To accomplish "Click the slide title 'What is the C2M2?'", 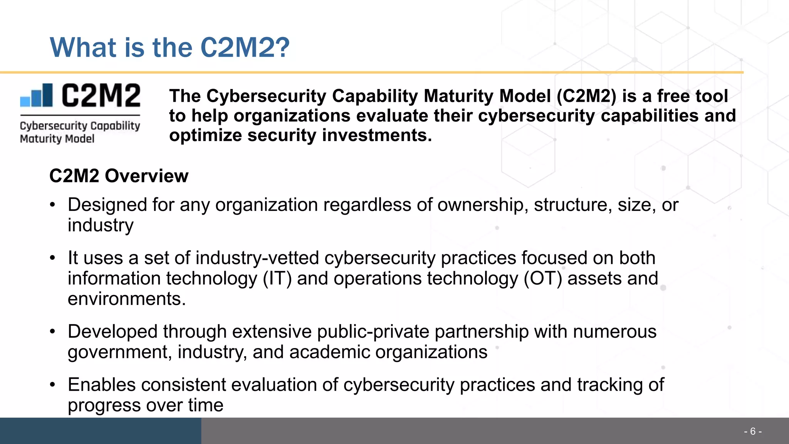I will (170, 47).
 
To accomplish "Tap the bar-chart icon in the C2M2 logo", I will (37, 95).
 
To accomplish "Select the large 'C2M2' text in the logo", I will (101, 96).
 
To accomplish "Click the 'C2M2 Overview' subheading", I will (119, 176).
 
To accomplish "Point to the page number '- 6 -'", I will (752, 431).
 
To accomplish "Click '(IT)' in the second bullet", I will (277, 278).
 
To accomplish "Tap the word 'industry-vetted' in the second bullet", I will (257, 258).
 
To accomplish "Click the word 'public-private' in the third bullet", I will (373, 331).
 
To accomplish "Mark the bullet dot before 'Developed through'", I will (53, 331).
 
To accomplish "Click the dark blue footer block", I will (100, 431).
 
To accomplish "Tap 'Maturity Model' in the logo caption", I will (57, 139).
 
